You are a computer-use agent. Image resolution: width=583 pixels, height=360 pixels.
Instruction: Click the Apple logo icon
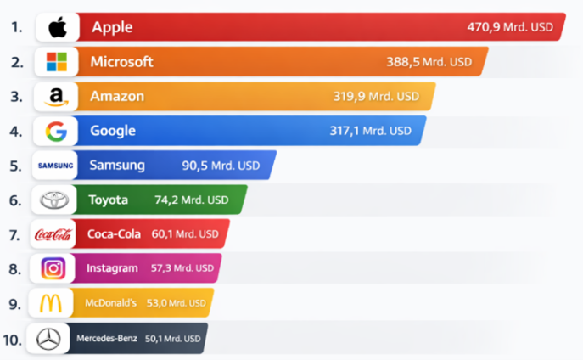coord(57,27)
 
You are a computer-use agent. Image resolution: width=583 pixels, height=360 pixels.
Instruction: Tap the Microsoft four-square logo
coord(56,62)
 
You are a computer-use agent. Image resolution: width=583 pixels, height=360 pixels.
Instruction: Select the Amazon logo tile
coord(56,97)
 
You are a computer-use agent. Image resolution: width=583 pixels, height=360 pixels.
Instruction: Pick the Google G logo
coord(56,132)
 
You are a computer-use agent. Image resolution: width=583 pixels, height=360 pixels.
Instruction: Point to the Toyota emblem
coord(54,200)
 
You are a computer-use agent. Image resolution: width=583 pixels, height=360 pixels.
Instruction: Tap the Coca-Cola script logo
coord(53,234)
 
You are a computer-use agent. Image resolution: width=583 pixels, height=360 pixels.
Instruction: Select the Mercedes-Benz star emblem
coord(49,339)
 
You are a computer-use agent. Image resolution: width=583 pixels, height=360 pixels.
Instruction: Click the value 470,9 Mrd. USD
coord(509,27)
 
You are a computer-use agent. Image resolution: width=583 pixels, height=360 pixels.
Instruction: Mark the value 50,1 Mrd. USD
coord(174,339)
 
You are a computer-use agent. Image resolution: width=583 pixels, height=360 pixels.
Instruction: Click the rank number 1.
coord(16,27)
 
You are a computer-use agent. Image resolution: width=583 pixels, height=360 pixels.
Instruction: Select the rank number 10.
coord(12,340)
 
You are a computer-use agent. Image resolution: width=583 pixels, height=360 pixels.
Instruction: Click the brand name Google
coord(113,131)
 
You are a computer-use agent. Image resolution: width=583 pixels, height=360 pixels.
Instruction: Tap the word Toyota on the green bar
coord(108,200)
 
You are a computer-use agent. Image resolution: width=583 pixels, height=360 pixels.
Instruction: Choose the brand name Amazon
coord(117,96)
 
